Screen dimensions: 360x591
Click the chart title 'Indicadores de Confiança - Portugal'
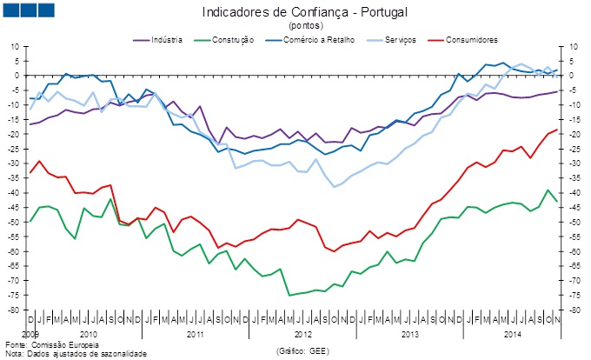303,12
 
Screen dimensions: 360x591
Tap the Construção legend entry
228,40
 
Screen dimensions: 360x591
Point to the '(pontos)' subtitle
303,25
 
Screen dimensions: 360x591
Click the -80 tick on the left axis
14,310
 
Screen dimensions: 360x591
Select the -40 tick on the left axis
14,192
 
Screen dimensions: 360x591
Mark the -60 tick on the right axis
574,251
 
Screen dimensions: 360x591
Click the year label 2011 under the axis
195,333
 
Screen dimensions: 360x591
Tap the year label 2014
513,333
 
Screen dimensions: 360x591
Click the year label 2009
30,333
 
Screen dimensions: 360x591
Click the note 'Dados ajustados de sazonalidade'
83,354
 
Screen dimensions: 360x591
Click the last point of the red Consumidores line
557,130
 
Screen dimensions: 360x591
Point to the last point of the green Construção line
557,201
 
